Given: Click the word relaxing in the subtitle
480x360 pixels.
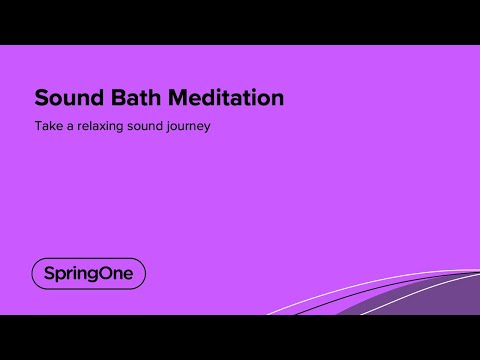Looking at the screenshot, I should click(109, 127).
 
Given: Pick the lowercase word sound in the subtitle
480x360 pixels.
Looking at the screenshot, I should click(159, 127).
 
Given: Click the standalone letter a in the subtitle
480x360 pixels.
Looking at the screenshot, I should click(71, 128).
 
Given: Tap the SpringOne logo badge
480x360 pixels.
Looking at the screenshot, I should click(89, 273).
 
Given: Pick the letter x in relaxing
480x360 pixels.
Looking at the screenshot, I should click(112, 128).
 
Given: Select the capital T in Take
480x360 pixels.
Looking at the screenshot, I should click(38, 127).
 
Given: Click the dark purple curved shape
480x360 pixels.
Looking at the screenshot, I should click(430, 300).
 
